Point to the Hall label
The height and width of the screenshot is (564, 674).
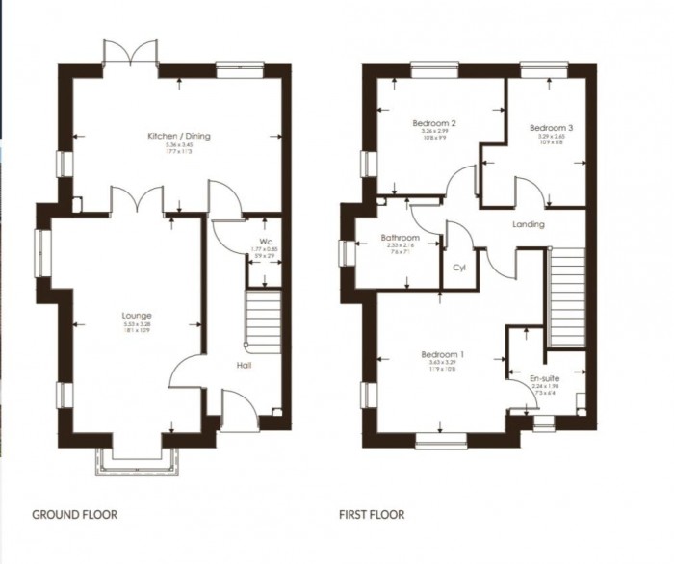click(244, 366)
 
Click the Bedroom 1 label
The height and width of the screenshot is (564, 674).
click(443, 355)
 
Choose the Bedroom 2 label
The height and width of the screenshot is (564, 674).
click(433, 123)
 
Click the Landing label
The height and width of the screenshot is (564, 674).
click(529, 225)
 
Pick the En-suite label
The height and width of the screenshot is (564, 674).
click(545, 380)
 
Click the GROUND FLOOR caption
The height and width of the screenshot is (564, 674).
click(75, 515)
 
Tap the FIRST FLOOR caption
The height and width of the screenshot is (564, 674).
click(372, 515)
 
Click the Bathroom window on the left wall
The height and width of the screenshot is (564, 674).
click(345, 252)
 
